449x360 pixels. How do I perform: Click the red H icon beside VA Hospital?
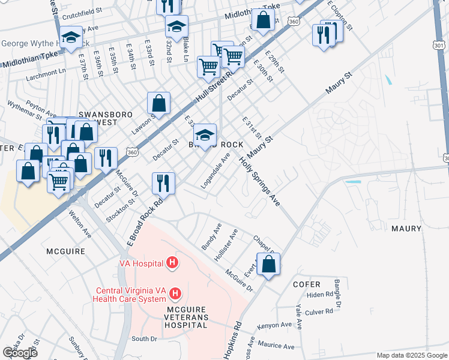(172, 262)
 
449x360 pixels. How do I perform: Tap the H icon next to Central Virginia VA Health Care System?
(175, 293)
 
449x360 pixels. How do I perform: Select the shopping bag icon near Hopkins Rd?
(268, 263)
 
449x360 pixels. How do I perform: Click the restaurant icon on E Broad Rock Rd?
(163, 183)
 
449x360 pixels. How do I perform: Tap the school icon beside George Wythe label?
(71, 37)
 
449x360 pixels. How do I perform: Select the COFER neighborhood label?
(308, 284)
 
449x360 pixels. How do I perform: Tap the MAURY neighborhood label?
(406, 229)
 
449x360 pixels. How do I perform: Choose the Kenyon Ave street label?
(274, 325)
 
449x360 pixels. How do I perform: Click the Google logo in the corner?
(20, 352)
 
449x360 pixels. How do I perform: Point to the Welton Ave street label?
(79, 223)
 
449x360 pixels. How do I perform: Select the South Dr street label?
(143, 338)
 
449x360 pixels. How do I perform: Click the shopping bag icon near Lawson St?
(159, 103)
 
